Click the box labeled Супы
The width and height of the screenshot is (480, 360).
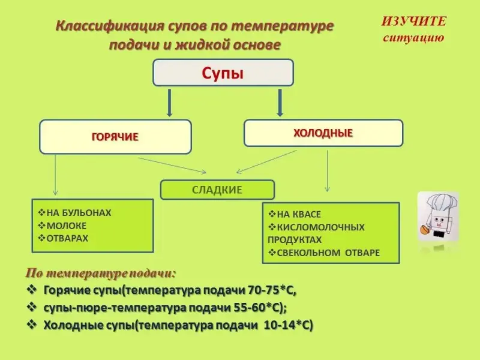pyautogui.click(x=223, y=73)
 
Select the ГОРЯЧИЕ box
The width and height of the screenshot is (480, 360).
pyautogui.click(x=115, y=137)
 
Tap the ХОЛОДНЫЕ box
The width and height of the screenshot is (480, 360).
pyautogui.click(x=323, y=133)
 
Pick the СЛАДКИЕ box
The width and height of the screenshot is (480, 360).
pyautogui.click(x=217, y=190)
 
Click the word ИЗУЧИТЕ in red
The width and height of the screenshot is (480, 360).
pyautogui.click(x=414, y=22)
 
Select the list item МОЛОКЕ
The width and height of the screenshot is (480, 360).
pyautogui.click(x=66, y=226)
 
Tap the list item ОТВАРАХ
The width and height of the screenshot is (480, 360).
pyautogui.click(x=67, y=238)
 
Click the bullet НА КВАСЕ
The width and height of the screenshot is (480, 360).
pyautogui.click(x=298, y=214)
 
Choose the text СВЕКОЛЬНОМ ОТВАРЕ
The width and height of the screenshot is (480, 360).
pyautogui.click(x=327, y=253)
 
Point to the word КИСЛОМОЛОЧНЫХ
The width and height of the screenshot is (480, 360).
pyautogui.click(x=320, y=227)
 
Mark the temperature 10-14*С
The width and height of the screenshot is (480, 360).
pyautogui.click(x=288, y=325)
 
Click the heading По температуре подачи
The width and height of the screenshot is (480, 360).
pyautogui.click(x=100, y=273)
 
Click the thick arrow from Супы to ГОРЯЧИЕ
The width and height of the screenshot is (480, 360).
pyautogui.click(x=170, y=103)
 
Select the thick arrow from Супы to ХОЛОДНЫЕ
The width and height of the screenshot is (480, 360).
pyautogui.click(x=280, y=103)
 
